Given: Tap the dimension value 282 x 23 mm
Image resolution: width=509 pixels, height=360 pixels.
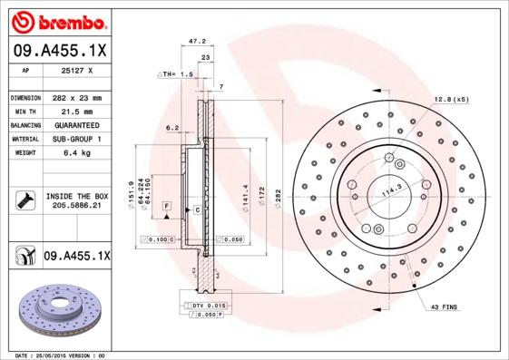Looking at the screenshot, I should (x=75, y=97).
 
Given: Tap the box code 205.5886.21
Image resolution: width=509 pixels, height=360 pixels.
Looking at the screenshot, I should (x=75, y=207).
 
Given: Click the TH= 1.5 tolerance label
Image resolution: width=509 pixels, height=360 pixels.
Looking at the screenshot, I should (x=176, y=73).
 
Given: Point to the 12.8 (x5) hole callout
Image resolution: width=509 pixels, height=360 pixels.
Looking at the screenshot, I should (x=451, y=98).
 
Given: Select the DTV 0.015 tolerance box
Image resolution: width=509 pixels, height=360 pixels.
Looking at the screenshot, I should (x=206, y=306).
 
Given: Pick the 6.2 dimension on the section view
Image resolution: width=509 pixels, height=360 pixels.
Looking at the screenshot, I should (x=171, y=128).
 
